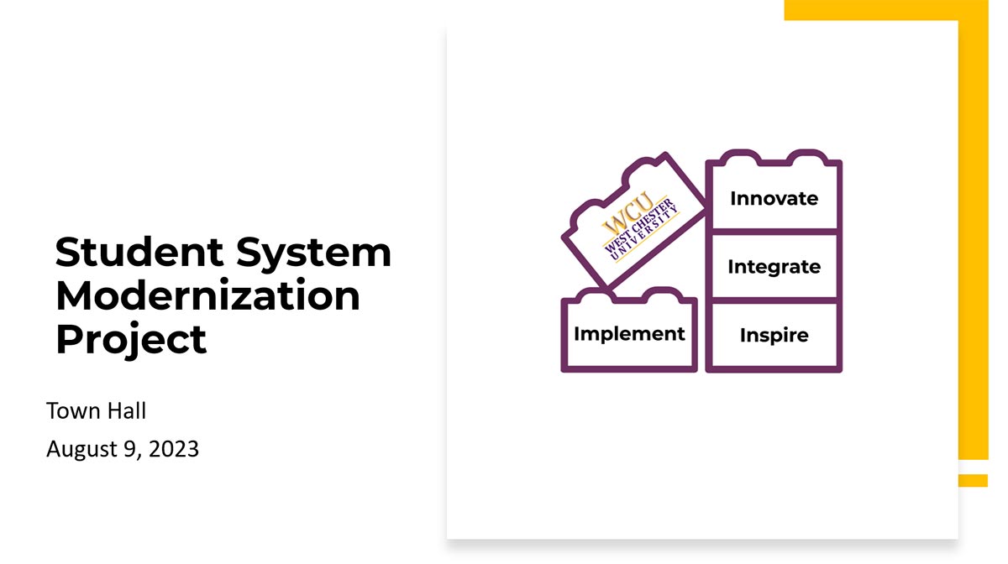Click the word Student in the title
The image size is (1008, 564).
point(139,252)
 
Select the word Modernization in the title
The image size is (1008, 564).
point(208,295)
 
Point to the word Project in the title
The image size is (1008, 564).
point(131,340)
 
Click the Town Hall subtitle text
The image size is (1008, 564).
point(97,410)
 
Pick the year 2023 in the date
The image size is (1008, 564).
point(173,449)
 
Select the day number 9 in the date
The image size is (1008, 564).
point(130,450)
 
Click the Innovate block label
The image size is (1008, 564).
point(774,198)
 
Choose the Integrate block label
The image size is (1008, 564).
point(774,267)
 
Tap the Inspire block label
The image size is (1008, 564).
point(774,336)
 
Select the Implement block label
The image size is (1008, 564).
point(629,334)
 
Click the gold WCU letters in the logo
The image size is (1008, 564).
point(627,211)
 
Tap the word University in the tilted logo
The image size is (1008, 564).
point(644,235)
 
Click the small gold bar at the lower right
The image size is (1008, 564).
point(973,480)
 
